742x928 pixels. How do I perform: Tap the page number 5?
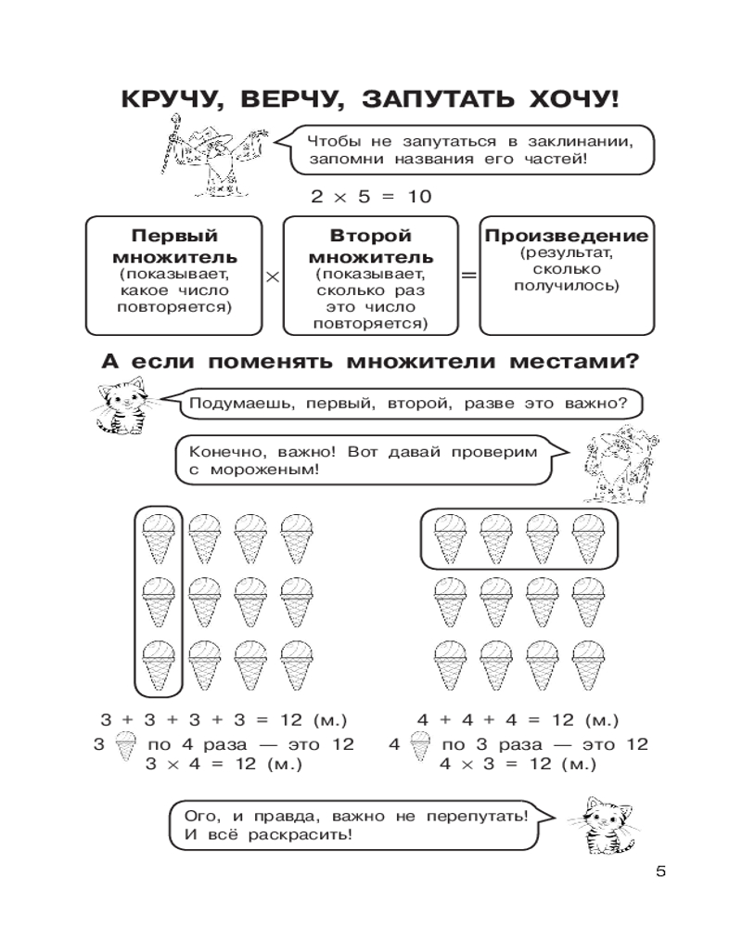tap(660, 871)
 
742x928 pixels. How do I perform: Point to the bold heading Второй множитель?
tap(370, 246)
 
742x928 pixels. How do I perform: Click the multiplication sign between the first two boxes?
tap(272, 277)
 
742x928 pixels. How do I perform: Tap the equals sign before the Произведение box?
tap(469, 277)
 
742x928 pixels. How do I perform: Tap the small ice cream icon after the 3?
tap(122, 743)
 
